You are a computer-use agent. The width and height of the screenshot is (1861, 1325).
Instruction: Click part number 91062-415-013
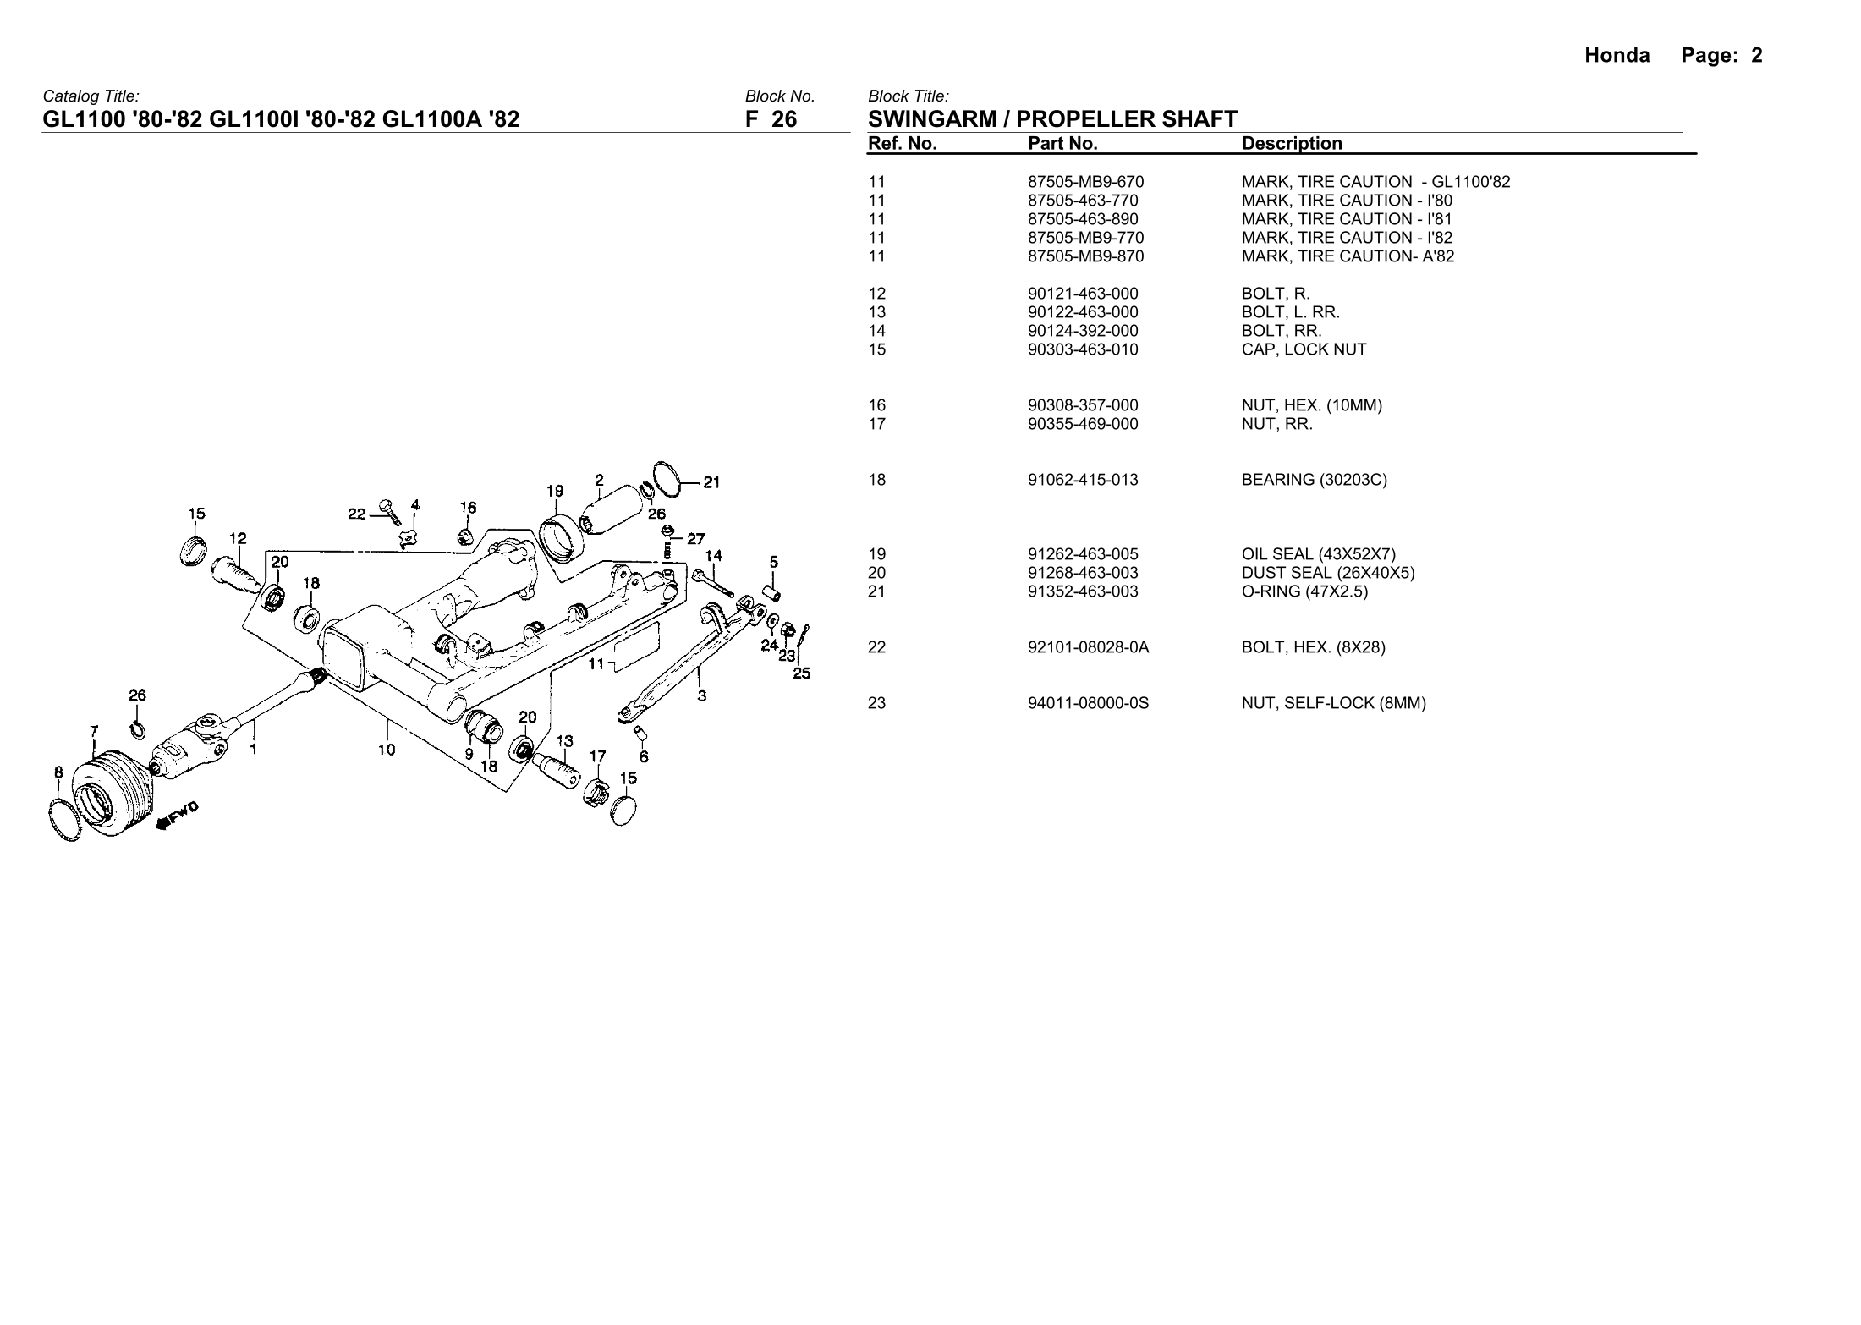pos(1083,480)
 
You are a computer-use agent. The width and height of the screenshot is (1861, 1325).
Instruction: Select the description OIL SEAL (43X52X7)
pos(1318,554)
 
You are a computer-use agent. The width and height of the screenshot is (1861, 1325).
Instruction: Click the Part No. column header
pos(1062,144)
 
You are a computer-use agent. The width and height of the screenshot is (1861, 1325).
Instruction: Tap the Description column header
pos(1292,144)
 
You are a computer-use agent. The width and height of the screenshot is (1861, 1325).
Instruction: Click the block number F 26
pos(771,119)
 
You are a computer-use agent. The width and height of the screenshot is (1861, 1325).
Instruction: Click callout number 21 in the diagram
pos(711,483)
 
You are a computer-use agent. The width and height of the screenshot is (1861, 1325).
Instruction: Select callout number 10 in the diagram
pos(386,749)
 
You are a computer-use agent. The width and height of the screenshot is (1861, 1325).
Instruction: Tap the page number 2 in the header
pos(1756,56)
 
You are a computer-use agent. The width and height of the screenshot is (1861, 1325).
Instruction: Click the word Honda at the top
pos(1617,56)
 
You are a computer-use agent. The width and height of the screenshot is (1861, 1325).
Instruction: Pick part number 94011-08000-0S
pos(1088,703)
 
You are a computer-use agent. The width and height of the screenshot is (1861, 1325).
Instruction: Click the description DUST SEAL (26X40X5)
pos(1328,573)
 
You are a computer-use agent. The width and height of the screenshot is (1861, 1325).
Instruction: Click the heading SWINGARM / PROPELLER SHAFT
pos(1052,119)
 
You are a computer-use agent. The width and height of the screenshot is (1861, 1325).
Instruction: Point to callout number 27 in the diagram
pos(695,538)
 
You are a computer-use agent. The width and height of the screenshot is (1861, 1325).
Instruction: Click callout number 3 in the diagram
pos(702,696)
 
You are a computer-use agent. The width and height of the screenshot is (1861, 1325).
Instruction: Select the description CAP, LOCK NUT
pos(1304,349)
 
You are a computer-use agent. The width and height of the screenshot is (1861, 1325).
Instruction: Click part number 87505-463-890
pos(1083,219)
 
